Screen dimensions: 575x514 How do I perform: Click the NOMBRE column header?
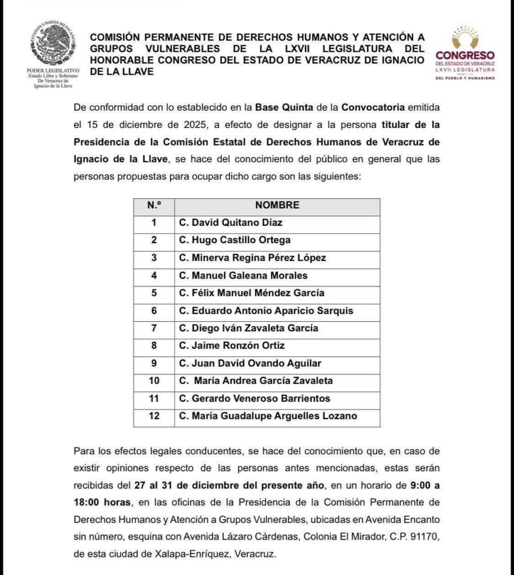[277, 206]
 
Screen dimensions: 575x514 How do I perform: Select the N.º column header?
[154, 206]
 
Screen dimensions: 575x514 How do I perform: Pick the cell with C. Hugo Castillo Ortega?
[235, 240]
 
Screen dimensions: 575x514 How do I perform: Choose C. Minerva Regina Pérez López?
[252, 258]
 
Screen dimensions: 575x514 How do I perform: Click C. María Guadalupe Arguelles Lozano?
[268, 416]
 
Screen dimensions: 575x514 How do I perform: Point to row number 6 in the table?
[154, 311]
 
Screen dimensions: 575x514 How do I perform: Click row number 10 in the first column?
[154, 381]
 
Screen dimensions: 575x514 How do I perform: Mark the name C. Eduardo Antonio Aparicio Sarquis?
[266, 311]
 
